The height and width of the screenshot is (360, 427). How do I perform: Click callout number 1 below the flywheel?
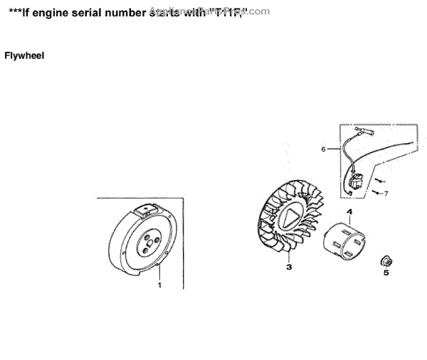click(159, 285)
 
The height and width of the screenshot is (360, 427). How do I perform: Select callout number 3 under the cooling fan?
click(289, 268)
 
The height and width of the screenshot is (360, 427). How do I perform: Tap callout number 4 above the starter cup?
click(350, 213)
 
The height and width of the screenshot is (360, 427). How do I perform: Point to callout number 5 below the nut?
click(386, 272)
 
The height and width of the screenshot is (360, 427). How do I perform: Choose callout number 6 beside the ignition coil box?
click(323, 149)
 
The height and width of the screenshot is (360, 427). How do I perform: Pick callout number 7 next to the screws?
click(386, 193)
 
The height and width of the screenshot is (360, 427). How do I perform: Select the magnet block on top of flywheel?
click(149, 209)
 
